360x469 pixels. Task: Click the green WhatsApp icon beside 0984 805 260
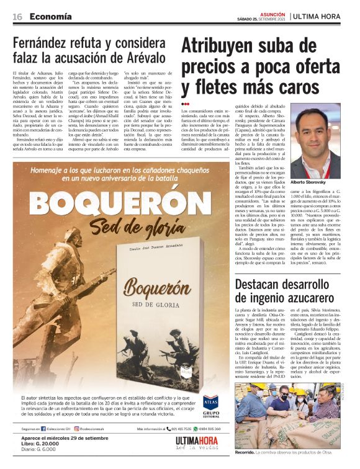[196, 429]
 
